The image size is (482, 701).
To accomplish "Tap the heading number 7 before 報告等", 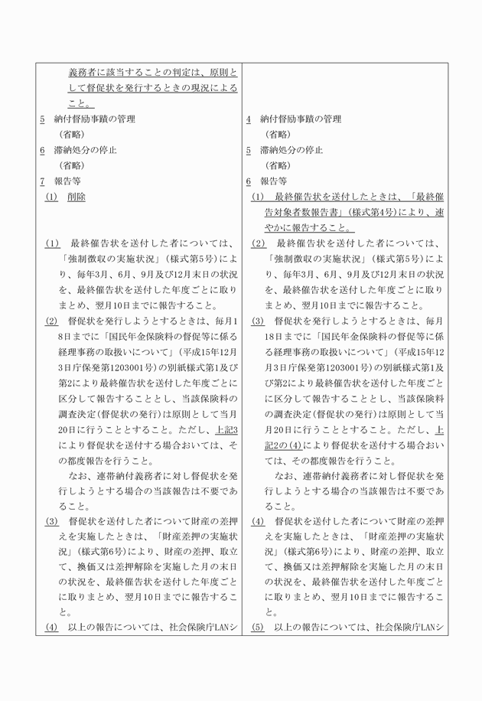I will pyautogui.click(x=43, y=181).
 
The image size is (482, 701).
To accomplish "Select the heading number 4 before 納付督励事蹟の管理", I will pyautogui.click(x=249, y=119).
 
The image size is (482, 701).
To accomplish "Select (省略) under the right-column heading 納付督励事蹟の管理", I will pyautogui.click(x=278, y=135).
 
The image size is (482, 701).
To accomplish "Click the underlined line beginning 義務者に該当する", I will pyautogui.click(x=153, y=73).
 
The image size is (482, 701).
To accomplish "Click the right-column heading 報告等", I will pyautogui.click(x=273, y=181).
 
